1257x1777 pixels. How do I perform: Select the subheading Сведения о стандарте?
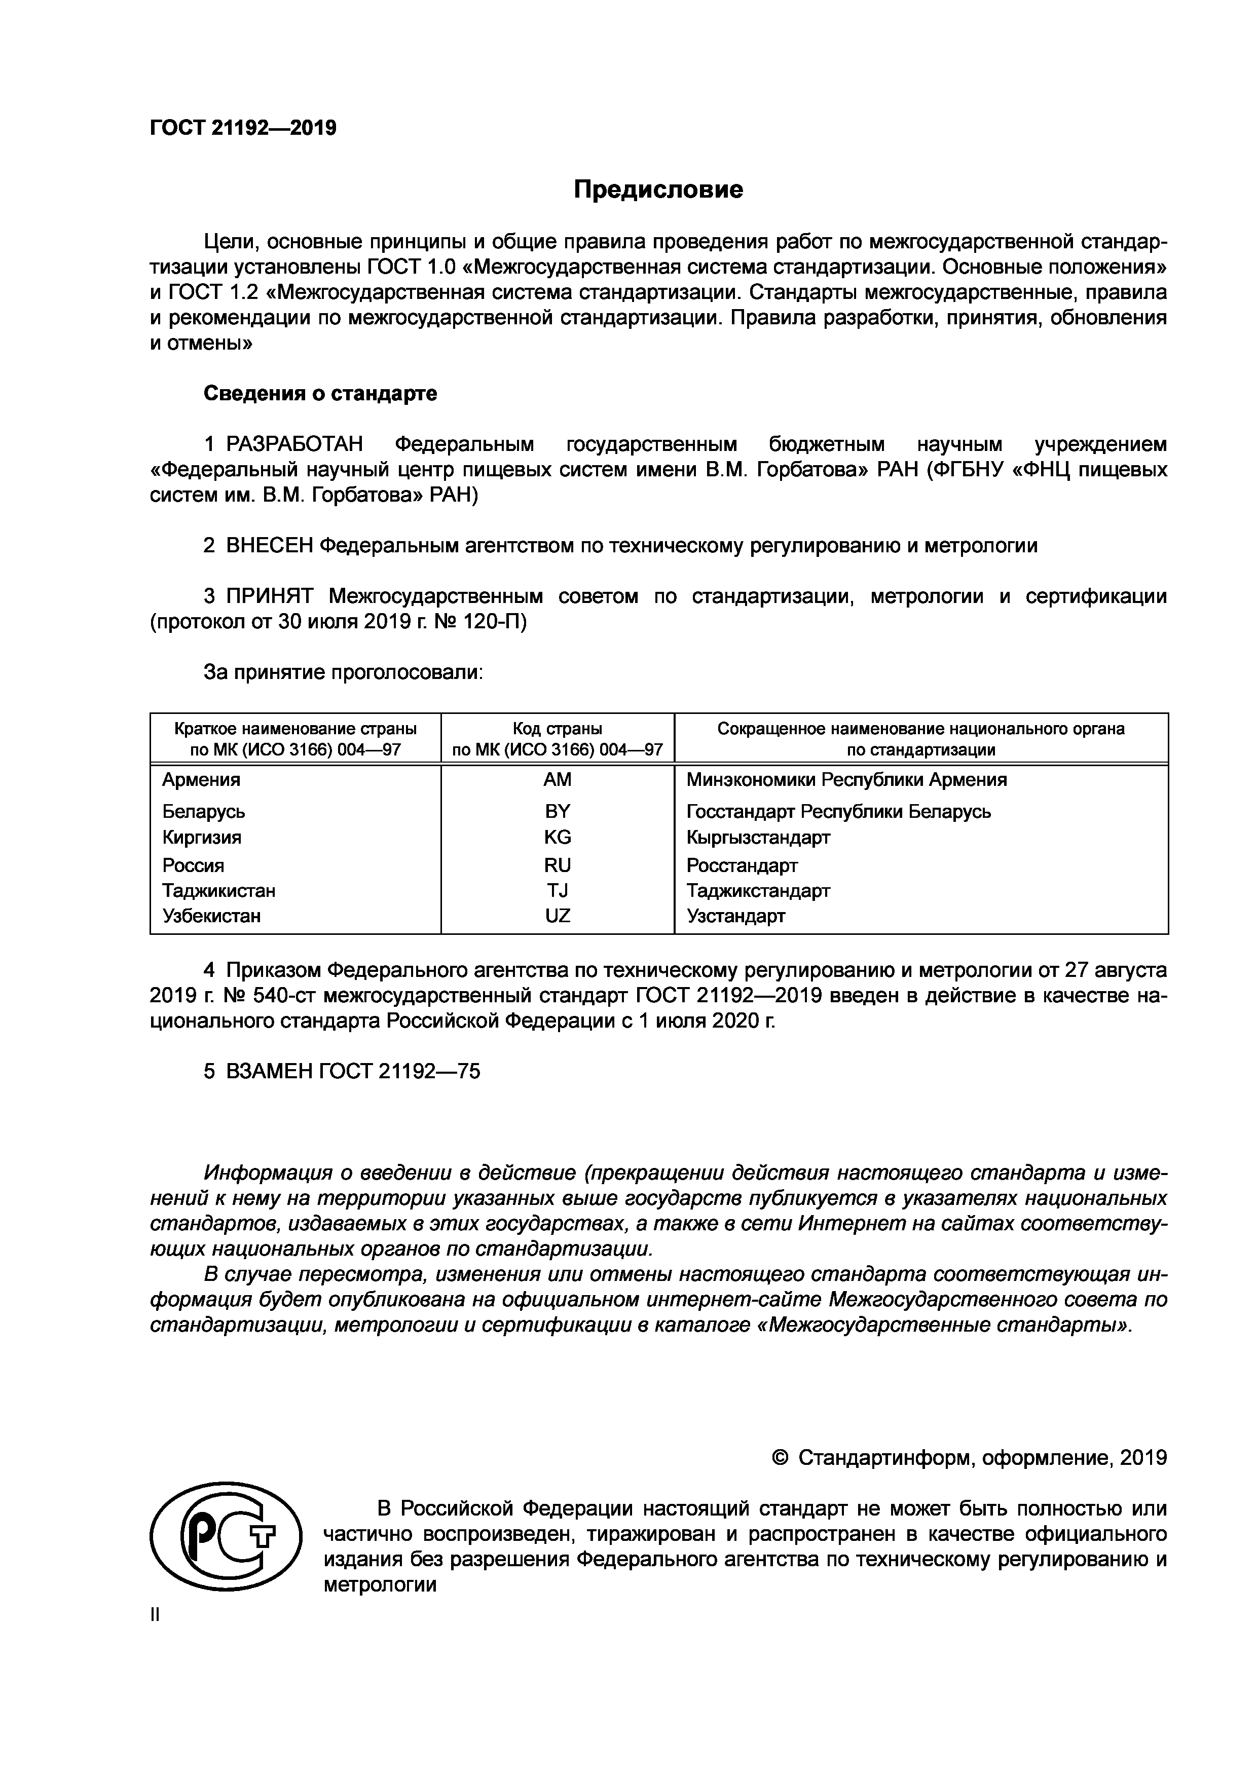(320, 394)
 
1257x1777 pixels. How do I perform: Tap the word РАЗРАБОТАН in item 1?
(294, 445)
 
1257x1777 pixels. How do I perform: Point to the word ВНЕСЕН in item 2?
(269, 546)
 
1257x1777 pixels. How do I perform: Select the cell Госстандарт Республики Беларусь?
(838, 812)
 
